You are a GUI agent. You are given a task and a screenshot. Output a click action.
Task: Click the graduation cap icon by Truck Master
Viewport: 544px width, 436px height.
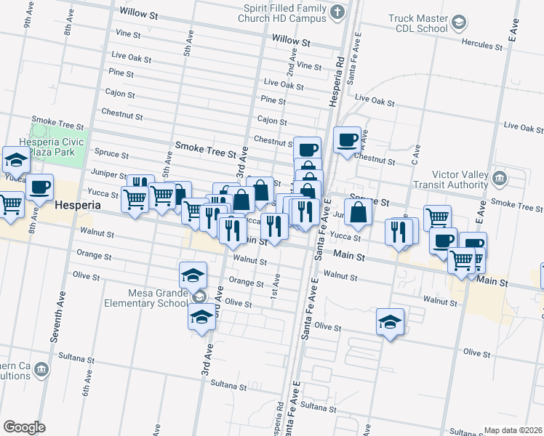[x=459, y=23]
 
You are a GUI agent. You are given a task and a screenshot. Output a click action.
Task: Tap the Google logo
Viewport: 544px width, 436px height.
[x=24, y=427]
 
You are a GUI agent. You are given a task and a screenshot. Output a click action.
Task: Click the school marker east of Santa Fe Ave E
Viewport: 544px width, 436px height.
[x=390, y=321]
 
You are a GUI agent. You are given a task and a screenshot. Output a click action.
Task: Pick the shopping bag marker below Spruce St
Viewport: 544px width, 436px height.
[x=358, y=212]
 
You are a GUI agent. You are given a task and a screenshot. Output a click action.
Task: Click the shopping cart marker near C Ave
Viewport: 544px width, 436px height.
[x=436, y=217]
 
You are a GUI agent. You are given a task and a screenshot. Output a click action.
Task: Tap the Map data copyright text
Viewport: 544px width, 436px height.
[x=513, y=430]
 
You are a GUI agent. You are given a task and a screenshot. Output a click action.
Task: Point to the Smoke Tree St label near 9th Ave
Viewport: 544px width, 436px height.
[x=54, y=121]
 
